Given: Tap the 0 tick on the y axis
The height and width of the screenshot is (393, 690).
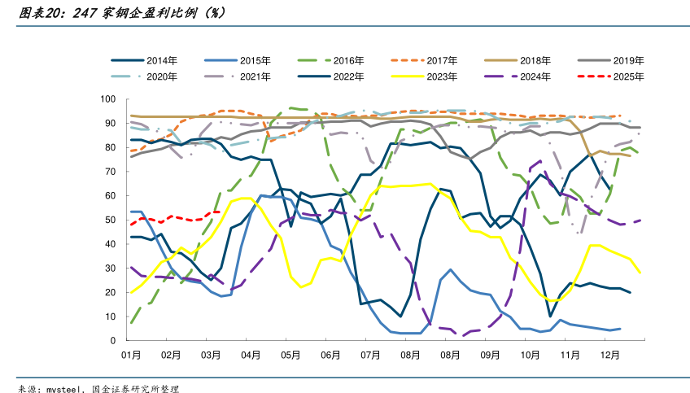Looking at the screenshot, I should [x=115, y=340].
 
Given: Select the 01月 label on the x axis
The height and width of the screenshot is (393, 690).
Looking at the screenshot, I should [x=131, y=356].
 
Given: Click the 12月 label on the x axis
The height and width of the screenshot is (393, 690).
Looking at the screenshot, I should [x=609, y=356].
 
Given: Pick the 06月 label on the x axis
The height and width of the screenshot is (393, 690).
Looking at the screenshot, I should [x=330, y=356].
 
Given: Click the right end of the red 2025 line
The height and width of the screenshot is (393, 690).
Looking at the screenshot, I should [x=220, y=212].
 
